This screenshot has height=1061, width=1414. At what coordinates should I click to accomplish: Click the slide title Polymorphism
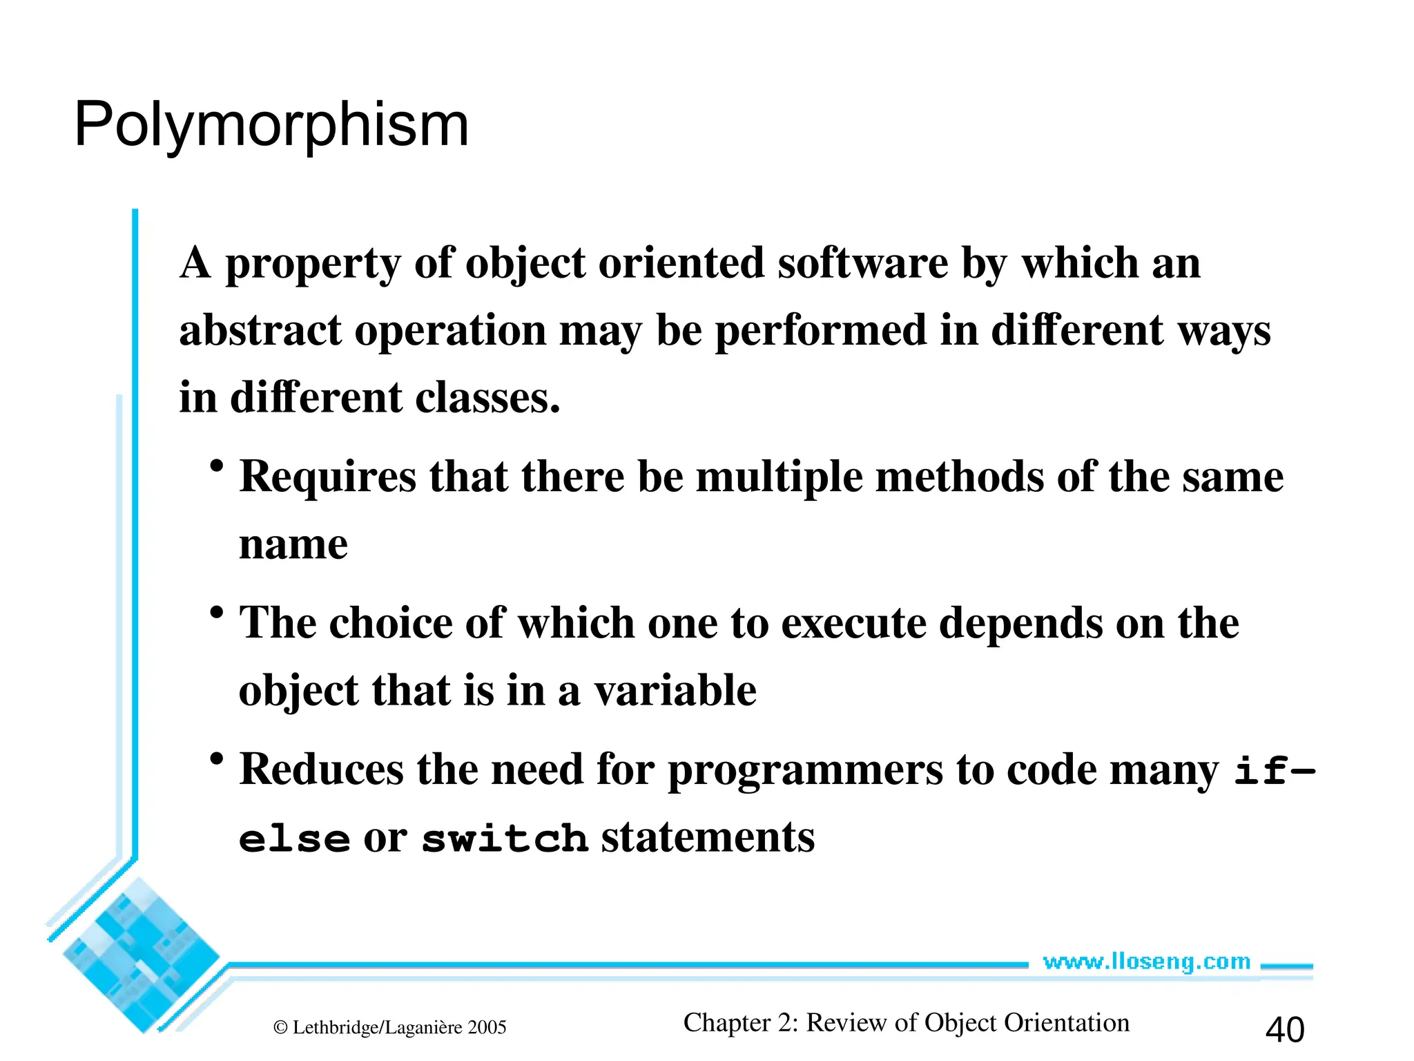(271, 125)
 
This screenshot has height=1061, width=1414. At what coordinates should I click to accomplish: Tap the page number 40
(1284, 1029)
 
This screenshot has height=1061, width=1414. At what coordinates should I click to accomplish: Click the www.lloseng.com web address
(1146, 962)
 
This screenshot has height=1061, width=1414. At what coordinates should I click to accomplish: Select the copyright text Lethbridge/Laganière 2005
(391, 1028)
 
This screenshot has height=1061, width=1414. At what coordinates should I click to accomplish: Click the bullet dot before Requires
(217, 466)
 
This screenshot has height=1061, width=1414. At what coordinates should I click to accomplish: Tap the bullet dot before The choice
(217, 613)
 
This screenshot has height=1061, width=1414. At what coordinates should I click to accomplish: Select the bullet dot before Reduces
(217, 759)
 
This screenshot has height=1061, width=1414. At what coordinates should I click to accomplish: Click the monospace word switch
(505, 839)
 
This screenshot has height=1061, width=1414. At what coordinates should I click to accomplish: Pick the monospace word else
(295, 839)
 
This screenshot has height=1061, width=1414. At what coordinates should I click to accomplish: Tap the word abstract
(260, 330)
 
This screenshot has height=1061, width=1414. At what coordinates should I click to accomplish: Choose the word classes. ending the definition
(487, 398)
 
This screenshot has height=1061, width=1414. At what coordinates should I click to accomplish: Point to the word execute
(853, 623)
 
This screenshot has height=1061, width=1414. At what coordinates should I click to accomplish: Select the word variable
(675, 691)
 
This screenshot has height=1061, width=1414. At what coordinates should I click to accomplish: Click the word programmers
(805, 771)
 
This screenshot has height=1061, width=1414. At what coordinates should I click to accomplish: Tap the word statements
(708, 837)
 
